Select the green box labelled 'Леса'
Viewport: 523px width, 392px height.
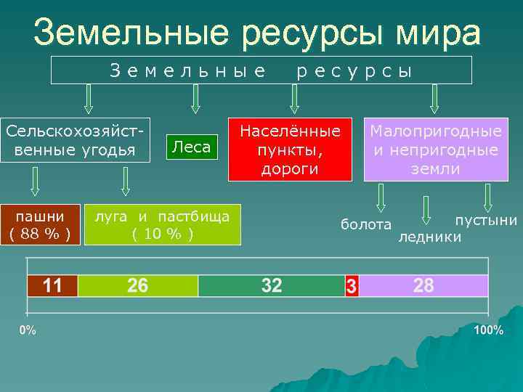(192, 147)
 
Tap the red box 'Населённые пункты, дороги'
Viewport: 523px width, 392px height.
(290, 150)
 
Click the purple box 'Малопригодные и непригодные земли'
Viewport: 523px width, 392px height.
(436, 150)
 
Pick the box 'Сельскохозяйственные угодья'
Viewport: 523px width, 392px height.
(75, 140)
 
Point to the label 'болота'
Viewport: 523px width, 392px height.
(366, 225)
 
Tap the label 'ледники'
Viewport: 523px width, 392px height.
(429, 237)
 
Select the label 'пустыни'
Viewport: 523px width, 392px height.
(486, 220)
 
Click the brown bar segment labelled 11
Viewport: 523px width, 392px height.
(52, 285)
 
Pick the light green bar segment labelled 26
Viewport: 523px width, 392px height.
(137, 285)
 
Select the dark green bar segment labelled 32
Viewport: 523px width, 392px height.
(271, 285)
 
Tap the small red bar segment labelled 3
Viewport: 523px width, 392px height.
(352, 286)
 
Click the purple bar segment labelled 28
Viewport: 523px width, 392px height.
(423, 285)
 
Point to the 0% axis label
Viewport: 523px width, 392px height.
(28, 330)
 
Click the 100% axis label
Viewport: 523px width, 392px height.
(488, 330)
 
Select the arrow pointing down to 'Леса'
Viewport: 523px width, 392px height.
(195, 99)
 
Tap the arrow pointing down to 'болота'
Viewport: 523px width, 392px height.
(382, 197)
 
